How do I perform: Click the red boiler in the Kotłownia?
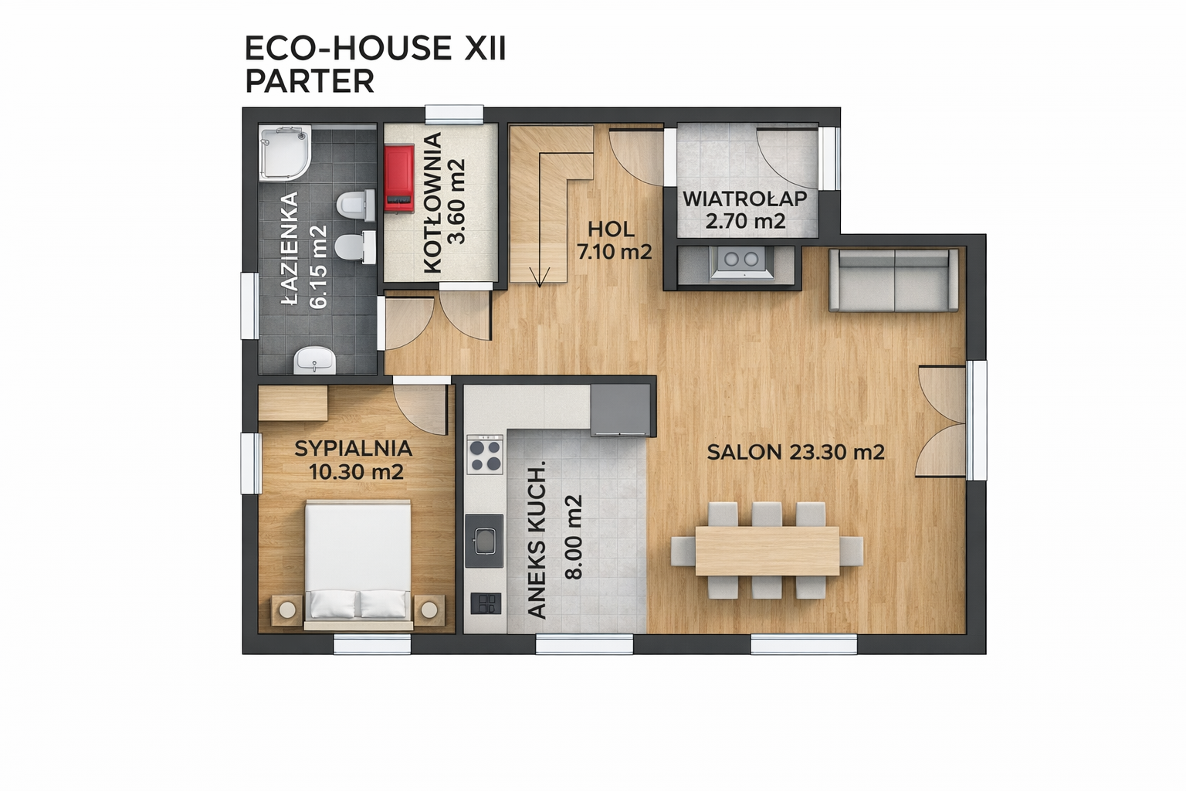(x=399, y=178)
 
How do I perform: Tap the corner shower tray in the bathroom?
(x=284, y=153)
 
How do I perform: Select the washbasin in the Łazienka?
(x=314, y=360)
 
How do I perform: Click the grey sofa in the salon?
(x=893, y=280)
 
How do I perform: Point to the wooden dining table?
(x=767, y=551)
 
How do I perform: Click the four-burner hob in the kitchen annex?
(x=485, y=454)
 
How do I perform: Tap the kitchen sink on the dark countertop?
(x=484, y=541)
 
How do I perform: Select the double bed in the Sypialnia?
(x=358, y=565)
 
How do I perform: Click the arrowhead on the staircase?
(x=540, y=277)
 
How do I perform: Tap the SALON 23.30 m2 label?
(x=796, y=453)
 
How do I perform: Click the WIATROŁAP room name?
(x=745, y=199)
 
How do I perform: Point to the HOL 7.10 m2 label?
(x=614, y=241)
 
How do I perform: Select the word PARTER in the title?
(x=310, y=82)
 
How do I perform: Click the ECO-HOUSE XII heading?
(x=375, y=49)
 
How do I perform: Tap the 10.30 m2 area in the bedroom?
(x=356, y=471)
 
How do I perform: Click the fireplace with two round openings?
(x=741, y=262)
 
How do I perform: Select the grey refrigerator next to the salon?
(x=621, y=409)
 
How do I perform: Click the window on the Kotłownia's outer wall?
(x=454, y=115)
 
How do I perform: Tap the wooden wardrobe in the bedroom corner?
(x=293, y=403)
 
